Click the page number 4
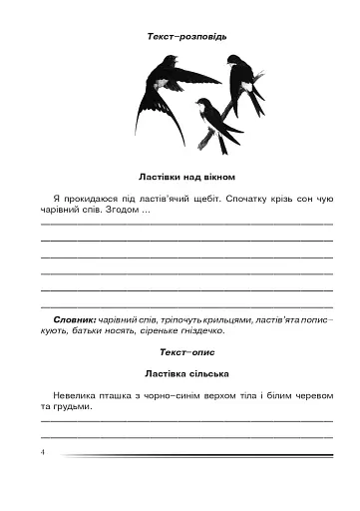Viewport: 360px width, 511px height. coord(45,451)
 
